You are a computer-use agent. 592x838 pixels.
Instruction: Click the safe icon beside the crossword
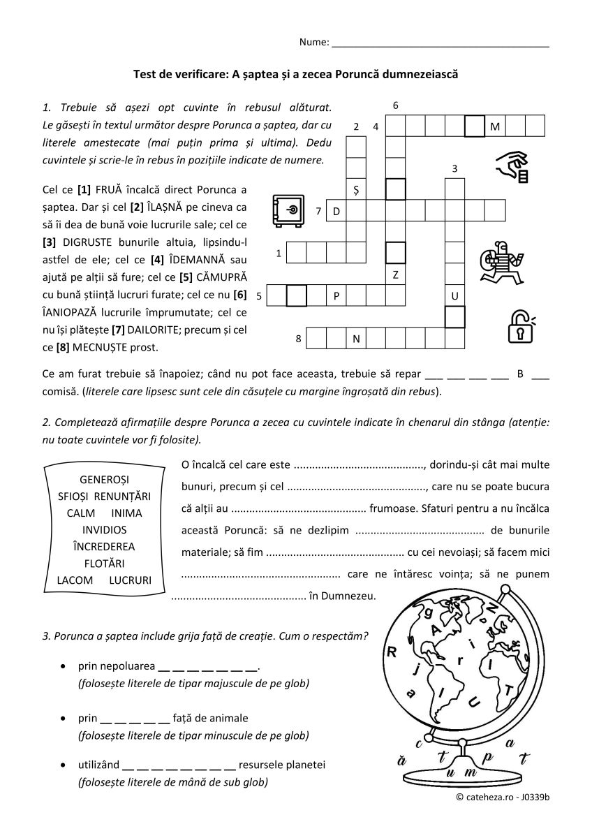click(288, 210)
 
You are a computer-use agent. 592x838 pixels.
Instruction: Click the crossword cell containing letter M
click(495, 126)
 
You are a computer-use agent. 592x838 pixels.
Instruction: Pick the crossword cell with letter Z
click(395, 274)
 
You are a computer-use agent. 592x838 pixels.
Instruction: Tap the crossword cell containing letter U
click(454, 296)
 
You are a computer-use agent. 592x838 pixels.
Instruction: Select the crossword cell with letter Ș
click(356, 189)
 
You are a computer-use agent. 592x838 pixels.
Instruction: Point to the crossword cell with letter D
click(336, 211)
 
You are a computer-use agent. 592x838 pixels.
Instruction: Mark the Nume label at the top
click(313, 42)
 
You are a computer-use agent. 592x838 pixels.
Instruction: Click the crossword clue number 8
click(298, 339)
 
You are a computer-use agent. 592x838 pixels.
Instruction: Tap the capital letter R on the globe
click(392, 652)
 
